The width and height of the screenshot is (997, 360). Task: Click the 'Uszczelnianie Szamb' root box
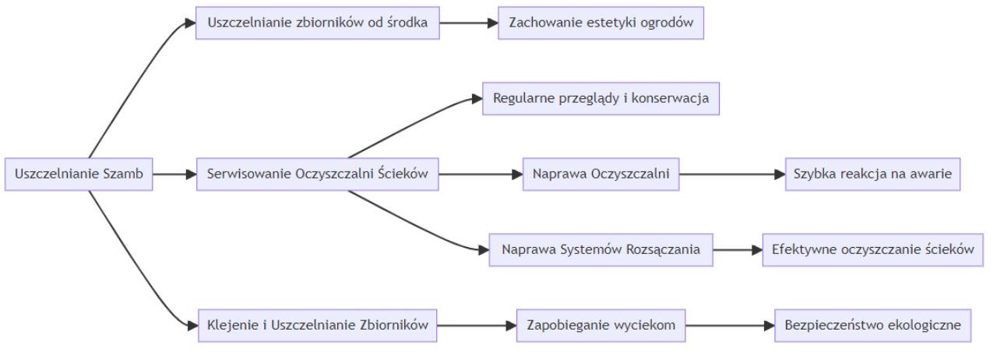point(79,175)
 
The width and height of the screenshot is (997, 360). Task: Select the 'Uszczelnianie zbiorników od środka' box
point(318,23)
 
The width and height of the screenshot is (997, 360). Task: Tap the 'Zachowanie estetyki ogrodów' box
point(601,23)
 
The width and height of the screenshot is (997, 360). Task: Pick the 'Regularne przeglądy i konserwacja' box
point(601,98)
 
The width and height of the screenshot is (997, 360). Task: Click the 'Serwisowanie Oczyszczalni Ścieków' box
point(318,175)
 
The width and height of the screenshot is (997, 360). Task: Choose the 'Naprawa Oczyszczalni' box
point(601,175)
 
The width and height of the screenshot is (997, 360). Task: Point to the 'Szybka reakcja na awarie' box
point(873,175)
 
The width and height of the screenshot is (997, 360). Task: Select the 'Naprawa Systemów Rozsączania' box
point(601,250)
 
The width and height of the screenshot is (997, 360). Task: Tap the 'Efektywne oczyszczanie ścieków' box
point(873,250)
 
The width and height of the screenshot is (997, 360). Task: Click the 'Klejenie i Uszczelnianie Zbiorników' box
point(318,326)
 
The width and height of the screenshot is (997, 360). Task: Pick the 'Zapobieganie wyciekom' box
point(601,326)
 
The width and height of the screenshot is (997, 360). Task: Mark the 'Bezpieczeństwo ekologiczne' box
point(873,326)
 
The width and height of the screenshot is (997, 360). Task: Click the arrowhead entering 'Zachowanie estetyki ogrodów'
point(493,23)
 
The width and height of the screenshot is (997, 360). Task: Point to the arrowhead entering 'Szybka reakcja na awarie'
point(780,175)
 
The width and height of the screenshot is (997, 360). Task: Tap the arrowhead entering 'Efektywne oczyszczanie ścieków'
point(757,250)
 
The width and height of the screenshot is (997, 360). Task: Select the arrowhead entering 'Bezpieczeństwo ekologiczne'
point(769,326)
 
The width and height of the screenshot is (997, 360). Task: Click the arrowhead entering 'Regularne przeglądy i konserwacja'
point(477,99)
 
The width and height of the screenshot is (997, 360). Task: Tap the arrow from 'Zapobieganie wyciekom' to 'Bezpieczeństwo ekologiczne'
point(730,326)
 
